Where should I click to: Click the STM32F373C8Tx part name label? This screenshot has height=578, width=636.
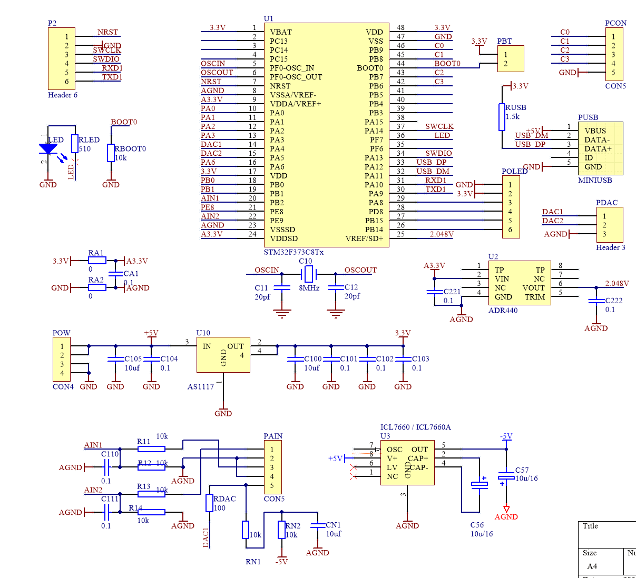point(293,252)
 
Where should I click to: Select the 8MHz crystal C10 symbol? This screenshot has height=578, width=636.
point(309,274)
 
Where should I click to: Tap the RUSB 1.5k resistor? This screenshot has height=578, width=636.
point(502,117)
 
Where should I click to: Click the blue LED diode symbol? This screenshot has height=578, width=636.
point(48,149)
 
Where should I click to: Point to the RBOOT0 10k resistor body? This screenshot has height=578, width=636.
point(111,153)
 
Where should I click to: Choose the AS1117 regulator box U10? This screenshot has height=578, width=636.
point(223,355)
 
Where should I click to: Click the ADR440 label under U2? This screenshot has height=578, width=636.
point(503,311)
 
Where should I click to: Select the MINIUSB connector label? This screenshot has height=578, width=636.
point(595,181)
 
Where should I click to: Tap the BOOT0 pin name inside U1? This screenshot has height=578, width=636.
point(370,68)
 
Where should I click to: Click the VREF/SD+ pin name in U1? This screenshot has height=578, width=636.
point(364,238)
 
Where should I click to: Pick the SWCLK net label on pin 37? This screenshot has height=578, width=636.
point(439,126)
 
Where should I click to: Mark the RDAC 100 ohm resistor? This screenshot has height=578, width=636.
point(209,503)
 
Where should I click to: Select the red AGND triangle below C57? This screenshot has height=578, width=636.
point(506,509)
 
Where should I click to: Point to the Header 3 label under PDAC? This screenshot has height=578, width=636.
point(610,247)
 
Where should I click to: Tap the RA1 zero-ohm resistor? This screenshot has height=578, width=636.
point(96,260)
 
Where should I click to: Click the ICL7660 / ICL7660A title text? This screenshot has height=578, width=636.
point(415,427)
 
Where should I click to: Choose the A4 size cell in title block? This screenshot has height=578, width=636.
point(592,566)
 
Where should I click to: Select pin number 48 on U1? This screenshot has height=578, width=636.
point(400,28)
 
